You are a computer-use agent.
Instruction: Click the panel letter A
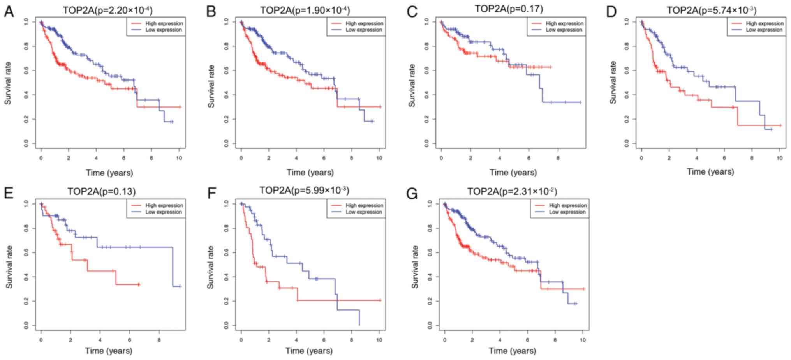(9, 12)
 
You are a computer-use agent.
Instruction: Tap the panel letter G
(412, 194)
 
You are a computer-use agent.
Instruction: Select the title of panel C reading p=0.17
(509, 9)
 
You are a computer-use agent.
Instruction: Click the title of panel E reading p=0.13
(102, 191)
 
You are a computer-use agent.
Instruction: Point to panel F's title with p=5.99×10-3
(304, 191)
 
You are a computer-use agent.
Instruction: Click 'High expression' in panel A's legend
(164, 23)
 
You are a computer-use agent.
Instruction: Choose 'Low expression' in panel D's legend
(764, 30)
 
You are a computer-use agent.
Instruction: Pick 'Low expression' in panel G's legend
(567, 212)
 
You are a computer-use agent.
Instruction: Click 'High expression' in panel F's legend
(364, 205)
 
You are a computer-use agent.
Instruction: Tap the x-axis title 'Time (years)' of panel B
(310, 172)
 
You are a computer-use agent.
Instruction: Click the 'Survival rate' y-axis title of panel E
(9, 267)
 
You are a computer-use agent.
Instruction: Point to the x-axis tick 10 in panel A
(179, 158)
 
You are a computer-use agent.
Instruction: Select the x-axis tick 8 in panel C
(558, 158)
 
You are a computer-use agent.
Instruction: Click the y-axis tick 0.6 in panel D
(627, 71)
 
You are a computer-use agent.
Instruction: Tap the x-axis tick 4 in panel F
(296, 340)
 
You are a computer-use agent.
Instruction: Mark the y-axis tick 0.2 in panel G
(430, 301)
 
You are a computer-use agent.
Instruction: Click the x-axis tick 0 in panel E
(41, 340)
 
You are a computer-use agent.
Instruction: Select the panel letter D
(611, 12)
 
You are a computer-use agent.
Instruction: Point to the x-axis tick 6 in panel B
(324, 158)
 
